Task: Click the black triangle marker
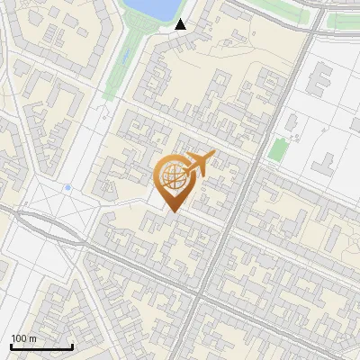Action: (181, 24)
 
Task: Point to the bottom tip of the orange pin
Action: (172, 212)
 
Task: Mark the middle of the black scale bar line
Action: (41, 346)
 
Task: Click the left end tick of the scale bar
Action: (11, 346)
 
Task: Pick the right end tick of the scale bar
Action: (72, 346)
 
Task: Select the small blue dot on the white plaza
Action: (67, 187)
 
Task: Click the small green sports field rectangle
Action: (278, 149)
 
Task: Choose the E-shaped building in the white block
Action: (319, 81)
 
